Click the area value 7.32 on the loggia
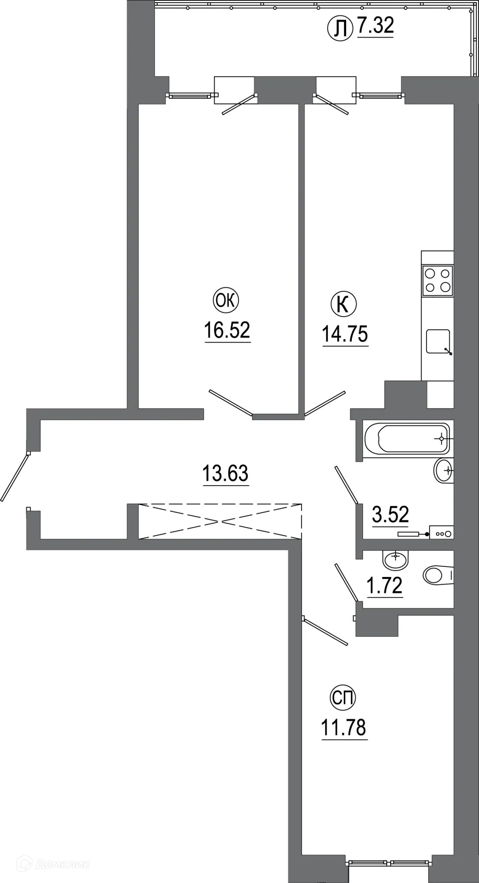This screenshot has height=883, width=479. click(375, 26)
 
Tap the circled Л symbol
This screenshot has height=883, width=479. click(340, 28)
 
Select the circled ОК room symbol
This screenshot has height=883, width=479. click(226, 301)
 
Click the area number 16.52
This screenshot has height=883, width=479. click(227, 330)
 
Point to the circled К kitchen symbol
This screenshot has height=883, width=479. click(343, 304)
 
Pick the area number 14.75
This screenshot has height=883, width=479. click(345, 334)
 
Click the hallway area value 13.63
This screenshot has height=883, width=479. click(225, 473)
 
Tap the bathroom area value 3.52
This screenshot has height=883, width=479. click(390, 514)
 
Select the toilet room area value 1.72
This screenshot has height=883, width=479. click(385, 585)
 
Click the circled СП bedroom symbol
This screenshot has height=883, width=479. click(343, 698)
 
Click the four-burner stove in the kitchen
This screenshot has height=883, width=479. click(438, 280)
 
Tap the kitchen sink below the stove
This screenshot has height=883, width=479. click(438, 342)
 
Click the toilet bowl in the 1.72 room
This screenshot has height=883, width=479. click(437, 575)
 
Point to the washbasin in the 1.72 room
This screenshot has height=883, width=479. click(396, 560)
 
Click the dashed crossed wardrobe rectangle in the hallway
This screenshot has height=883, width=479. click(220, 521)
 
